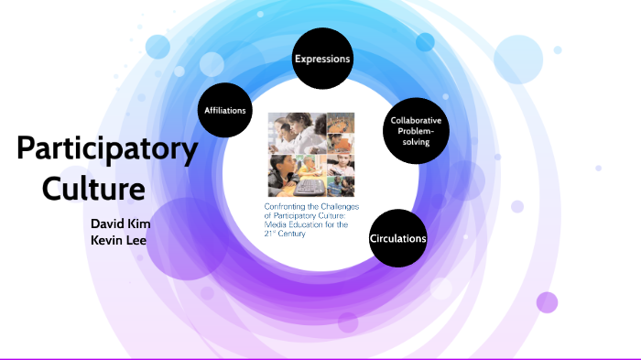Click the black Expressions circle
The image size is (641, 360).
coord(322,60)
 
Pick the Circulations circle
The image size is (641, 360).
coord(397,238)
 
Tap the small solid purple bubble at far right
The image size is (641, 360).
coord(547,302)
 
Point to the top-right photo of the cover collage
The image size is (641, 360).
coord(341,125)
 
